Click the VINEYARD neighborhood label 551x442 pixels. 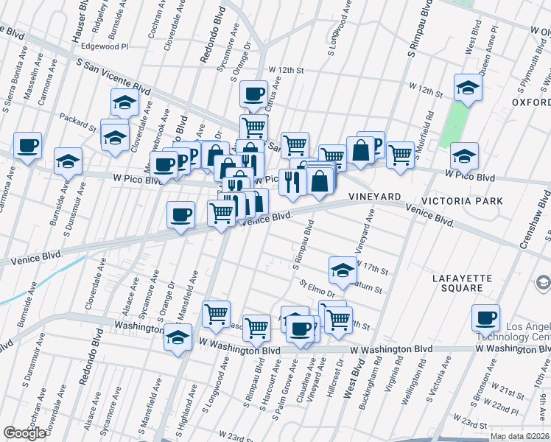(374, 197)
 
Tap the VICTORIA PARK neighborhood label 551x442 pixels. (462, 200)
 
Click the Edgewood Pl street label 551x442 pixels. (105, 46)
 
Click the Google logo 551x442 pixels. (24, 433)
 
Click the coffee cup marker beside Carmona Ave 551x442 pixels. (27, 144)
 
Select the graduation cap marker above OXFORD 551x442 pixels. (467, 88)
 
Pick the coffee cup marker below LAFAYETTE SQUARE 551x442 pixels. (485, 317)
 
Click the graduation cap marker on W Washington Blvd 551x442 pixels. (177, 336)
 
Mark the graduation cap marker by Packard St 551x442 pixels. (114, 136)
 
